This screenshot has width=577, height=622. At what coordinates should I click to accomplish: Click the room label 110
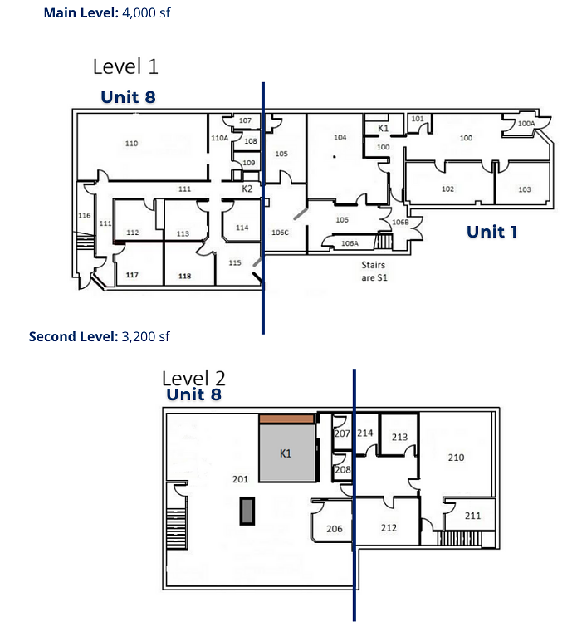tap(132, 144)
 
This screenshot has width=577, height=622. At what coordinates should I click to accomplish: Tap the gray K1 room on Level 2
tap(287, 453)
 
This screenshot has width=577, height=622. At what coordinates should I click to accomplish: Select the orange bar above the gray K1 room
tap(286, 419)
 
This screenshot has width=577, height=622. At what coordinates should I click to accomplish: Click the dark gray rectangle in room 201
tap(247, 512)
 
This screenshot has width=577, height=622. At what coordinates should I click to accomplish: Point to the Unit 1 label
tap(491, 232)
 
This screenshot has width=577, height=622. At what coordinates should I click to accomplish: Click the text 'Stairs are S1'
tap(374, 272)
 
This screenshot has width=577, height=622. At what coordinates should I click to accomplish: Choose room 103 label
tap(524, 189)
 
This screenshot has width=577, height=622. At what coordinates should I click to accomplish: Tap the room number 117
tap(132, 275)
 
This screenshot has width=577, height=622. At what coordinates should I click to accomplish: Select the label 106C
tap(280, 233)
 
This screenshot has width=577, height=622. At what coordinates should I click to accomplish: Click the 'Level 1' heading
tap(125, 66)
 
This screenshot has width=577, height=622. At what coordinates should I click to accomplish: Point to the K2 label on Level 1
tap(247, 189)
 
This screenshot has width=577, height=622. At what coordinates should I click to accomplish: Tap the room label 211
tap(472, 516)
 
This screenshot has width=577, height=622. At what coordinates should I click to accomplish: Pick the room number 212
tap(389, 528)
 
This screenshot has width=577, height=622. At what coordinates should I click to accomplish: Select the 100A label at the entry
tap(526, 124)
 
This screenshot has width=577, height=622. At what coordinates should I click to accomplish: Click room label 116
tap(85, 216)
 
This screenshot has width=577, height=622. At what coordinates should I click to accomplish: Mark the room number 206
tap(335, 529)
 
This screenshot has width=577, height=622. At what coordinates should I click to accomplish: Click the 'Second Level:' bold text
tap(74, 337)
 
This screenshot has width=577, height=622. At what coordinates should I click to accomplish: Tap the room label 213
tap(399, 437)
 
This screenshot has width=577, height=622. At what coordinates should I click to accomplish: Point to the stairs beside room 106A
tap(384, 241)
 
